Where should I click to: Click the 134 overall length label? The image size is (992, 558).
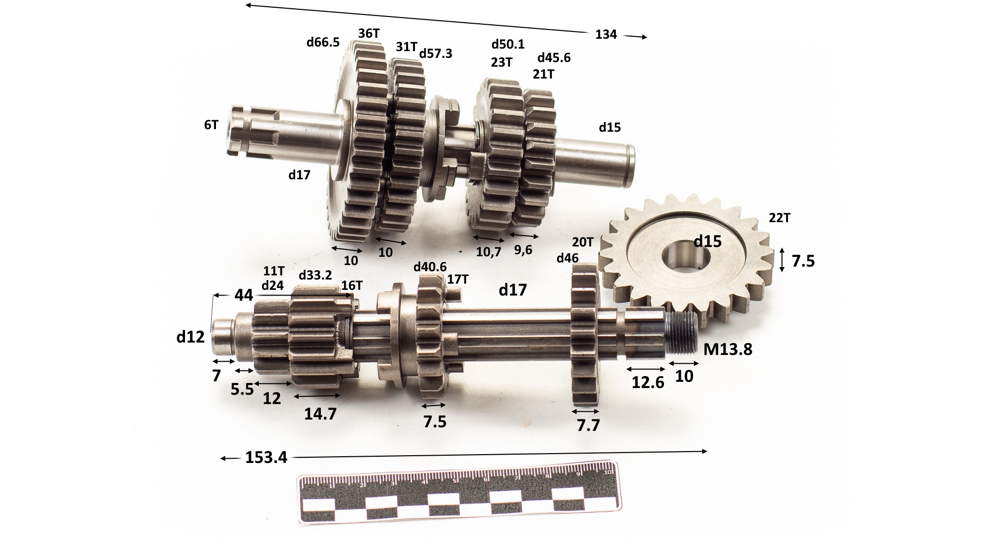(x=606, y=35)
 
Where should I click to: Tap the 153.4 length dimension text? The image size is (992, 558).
(x=266, y=458)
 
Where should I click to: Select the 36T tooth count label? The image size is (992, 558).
(x=369, y=33)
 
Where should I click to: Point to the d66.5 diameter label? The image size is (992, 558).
(x=323, y=42)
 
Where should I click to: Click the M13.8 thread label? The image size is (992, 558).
(x=728, y=350)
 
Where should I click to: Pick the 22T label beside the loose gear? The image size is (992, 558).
(x=780, y=218)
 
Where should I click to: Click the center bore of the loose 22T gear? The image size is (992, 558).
(x=683, y=256)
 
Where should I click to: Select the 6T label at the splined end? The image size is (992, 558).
(x=211, y=125)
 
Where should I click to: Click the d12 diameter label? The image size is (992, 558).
(x=191, y=337)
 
